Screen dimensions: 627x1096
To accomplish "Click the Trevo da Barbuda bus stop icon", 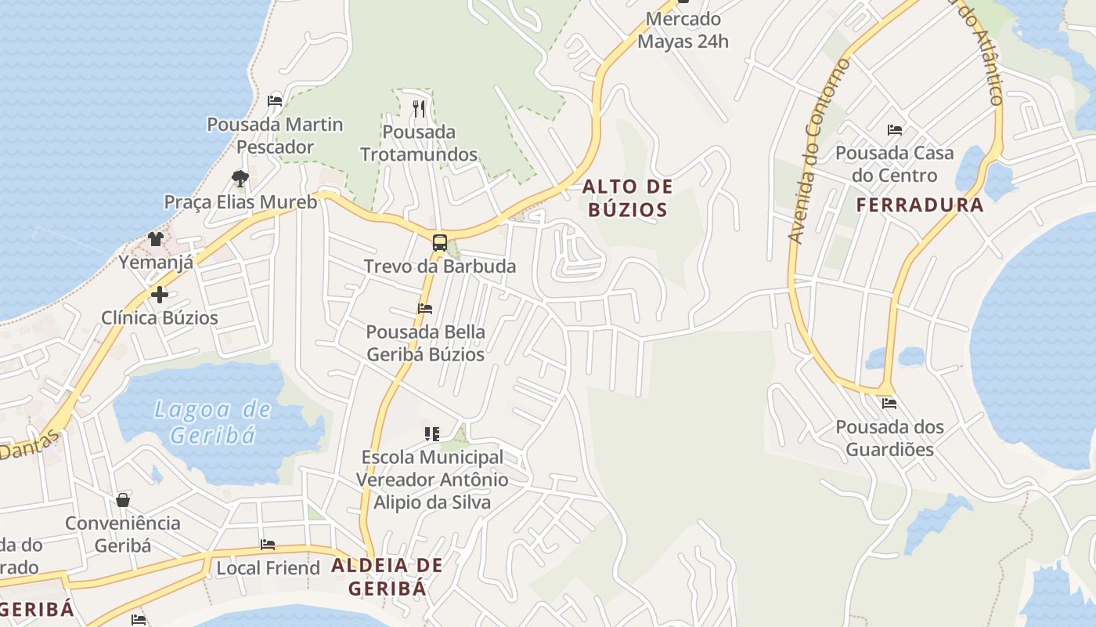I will click(x=440, y=243).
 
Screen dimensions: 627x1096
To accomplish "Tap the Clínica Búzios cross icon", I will click(x=160, y=295).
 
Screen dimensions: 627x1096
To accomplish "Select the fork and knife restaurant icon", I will click(x=419, y=108).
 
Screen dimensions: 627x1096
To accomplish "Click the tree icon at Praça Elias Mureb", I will click(x=240, y=179).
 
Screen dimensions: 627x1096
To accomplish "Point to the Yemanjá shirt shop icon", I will click(x=156, y=239).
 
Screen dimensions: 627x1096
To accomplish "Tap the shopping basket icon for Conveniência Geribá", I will click(x=123, y=500).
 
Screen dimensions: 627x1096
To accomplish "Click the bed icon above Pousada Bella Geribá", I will click(x=425, y=309).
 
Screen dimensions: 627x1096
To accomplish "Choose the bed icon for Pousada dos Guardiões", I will click(x=889, y=404).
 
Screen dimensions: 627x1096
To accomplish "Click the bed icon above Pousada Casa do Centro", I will click(x=895, y=130).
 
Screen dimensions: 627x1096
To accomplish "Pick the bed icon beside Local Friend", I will click(x=268, y=545).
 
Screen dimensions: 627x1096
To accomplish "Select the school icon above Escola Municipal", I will click(x=432, y=433).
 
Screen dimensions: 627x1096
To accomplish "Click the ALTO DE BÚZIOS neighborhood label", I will click(x=627, y=198).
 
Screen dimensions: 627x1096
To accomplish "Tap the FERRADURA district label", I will click(x=919, y=205).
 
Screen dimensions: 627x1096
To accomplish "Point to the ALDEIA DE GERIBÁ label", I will click(x=387, y=576).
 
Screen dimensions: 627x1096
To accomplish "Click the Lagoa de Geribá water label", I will click(x=212, y=422).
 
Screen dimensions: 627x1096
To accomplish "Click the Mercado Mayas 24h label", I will click(x=683, y=30).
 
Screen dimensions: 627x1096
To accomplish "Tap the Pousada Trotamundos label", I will click(x=419, y=143).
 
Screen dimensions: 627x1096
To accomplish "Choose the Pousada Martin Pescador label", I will click(x=275, y=136).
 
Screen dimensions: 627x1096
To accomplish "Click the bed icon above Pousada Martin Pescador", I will click(x=275, y=100).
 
